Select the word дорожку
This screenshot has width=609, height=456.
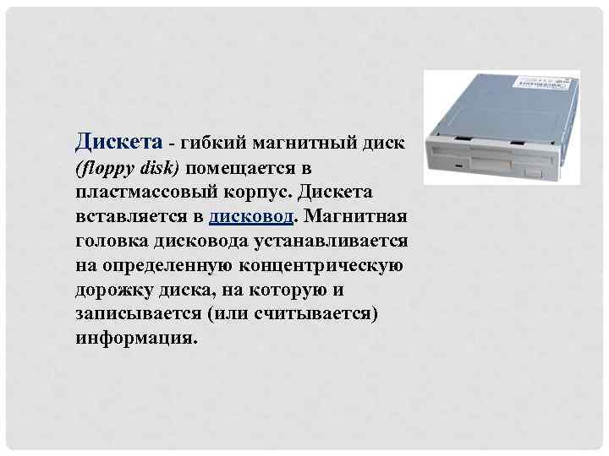(112, 290)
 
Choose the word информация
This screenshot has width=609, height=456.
(135, 339)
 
